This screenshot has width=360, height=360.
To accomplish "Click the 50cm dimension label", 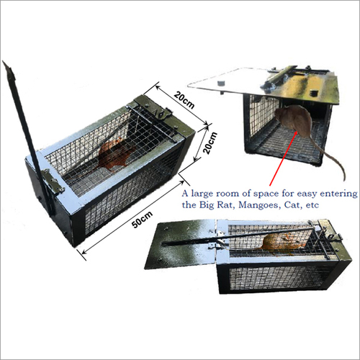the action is [142, 220].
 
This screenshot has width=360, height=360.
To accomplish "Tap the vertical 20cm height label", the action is [210, 143].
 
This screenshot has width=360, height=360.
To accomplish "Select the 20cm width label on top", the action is [184, 99].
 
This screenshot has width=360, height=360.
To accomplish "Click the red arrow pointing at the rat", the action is [283, 158].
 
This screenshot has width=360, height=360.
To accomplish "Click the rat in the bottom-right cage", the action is [283, 243].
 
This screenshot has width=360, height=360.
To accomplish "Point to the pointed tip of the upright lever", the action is [4, 62].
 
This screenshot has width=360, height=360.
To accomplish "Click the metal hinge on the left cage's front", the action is [53, 182].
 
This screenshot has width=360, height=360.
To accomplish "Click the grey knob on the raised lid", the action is [221, 84].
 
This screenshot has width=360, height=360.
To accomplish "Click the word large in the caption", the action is [202, 194].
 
